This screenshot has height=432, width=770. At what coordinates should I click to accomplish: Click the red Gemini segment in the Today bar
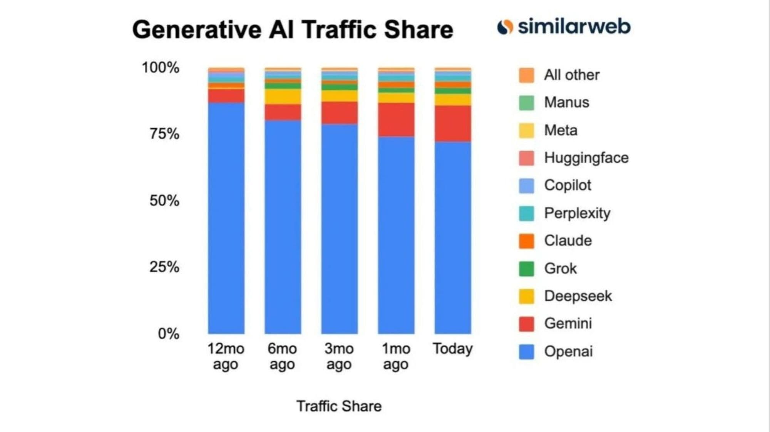point(453,124)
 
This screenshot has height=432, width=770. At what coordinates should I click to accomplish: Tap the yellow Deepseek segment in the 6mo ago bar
point(283,97)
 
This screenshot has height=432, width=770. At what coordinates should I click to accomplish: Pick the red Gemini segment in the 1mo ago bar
point(396,120)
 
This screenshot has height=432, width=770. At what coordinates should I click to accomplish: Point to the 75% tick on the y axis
point(164,134)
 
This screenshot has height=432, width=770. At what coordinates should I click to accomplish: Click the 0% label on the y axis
point(168,334)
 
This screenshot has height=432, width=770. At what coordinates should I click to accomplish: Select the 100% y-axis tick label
point(161,67)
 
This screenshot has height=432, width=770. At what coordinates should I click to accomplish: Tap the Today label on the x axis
point(452,349)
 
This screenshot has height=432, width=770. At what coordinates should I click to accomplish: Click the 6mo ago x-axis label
point(282,356)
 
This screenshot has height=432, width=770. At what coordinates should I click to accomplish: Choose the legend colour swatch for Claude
point(526,241)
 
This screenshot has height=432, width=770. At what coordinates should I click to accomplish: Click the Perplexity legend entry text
point(577,213)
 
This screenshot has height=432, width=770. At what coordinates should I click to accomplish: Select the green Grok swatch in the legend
point(526,269)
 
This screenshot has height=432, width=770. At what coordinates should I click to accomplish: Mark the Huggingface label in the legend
point(586,158)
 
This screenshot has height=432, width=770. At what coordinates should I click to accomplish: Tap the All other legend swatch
point(526,75)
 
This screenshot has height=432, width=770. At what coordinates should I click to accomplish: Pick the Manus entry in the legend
point(566,102)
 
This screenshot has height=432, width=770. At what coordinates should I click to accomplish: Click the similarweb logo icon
point(505,27)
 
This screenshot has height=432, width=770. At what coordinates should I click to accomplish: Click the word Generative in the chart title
point(197,30)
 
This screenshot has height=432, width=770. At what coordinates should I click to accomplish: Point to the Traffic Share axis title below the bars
point(339,406)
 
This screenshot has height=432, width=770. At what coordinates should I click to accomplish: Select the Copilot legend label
point(567,185)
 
